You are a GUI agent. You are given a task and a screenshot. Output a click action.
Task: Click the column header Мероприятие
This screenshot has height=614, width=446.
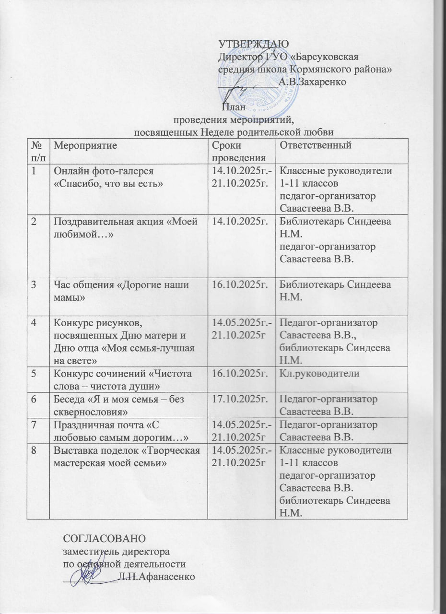pyautogui.click(x=84, y=144)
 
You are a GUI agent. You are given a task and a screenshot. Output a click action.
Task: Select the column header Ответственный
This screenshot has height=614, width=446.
pyautogui.click(x=316, y=144)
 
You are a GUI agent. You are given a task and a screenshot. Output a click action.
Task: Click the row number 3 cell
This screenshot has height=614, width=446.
pyautogui.click(x=35, y=284)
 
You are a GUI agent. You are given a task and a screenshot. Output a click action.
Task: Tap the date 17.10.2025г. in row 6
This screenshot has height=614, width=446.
pyautogui.click(x=238, y=398)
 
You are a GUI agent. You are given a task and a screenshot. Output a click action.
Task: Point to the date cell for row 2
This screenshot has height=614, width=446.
pyautogui.click(x=238, y=222)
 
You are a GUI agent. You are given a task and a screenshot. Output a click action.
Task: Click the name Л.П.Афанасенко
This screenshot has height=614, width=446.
pyautogui.click(x=156, y=576)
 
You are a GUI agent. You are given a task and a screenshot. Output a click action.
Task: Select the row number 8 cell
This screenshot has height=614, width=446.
pyautogui.click(x=35, y=451)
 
